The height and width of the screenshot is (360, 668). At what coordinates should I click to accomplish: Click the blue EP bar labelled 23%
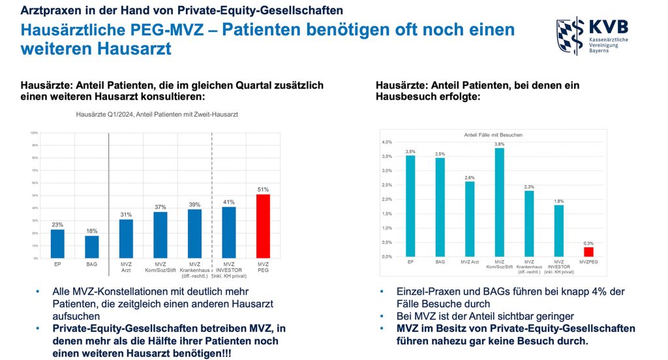(x=57, y=243)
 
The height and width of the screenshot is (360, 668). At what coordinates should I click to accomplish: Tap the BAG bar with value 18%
(x=91, y=247)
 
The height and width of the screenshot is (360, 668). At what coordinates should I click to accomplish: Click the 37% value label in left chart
(x=160, y=207)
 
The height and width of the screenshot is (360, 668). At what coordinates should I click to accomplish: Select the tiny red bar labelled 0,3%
(x=588, y=252)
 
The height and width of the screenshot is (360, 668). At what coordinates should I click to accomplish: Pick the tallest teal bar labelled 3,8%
(x=499, y=202)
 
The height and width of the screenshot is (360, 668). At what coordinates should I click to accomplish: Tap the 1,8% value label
(x=558, y=201)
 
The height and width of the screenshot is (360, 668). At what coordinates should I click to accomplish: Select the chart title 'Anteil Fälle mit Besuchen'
(x=494, y=135)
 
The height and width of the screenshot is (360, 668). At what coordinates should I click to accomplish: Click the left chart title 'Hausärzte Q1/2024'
(x=157, y=113)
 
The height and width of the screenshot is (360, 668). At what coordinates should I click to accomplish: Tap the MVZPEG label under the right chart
(x=588, y=262)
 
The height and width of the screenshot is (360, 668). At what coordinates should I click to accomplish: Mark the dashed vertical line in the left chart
(x=213, y=196)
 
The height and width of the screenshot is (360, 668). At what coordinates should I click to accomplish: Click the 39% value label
(x=194, y=205)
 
